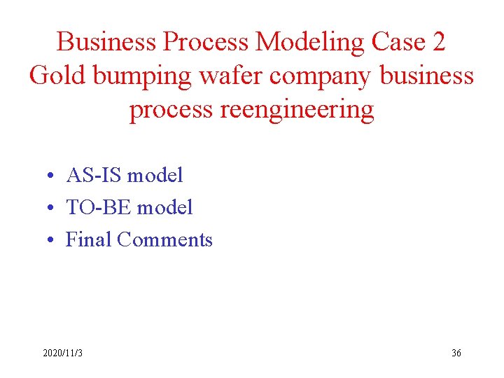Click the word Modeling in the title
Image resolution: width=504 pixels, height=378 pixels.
point(310,42)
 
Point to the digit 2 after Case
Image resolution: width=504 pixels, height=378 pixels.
point(438,42)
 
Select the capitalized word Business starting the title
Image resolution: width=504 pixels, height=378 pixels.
point(106,42)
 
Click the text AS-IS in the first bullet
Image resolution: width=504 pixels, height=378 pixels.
point(94,175)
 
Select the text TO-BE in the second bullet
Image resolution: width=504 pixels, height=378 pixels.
point(99,207)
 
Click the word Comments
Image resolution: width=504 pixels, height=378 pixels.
point(164,239)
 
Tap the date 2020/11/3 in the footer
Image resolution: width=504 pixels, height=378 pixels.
point(62,353)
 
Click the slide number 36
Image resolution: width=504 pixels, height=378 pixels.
point(456,353)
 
